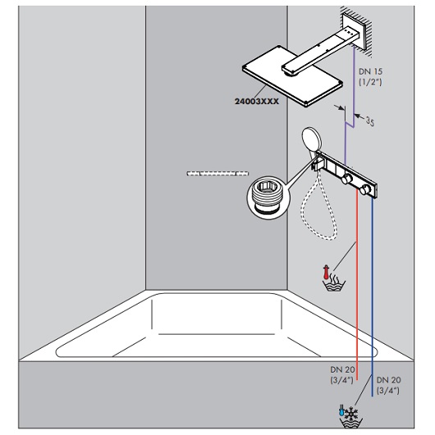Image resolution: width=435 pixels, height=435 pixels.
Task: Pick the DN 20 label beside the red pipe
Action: point(341,373)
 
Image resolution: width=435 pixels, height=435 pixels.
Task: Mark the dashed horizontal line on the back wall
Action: point(217,173)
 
